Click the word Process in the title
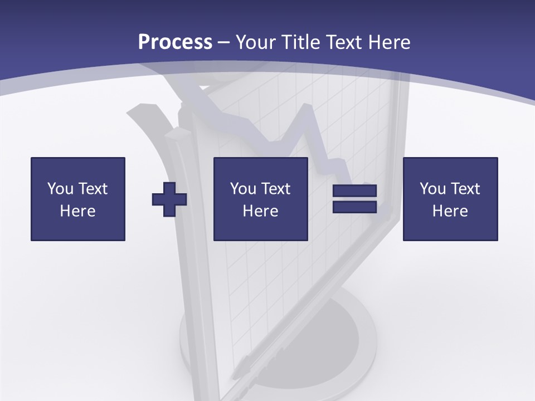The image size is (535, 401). click(175, 42)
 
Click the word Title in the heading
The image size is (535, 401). click(301, 42)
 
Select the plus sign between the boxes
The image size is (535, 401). click(169, 199)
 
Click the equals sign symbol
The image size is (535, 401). click(354, 199)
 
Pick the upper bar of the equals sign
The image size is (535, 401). click(354, 191)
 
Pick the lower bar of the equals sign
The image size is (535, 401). click(354, 207)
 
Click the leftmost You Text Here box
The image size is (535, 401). click(78, 199)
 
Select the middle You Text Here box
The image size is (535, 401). click(260, 199)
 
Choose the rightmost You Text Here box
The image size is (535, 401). click(450, 199)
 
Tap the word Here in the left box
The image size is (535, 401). click(78, 211)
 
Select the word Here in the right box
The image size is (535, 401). click(450, 211)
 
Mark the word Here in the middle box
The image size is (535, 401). click(260, 211)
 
